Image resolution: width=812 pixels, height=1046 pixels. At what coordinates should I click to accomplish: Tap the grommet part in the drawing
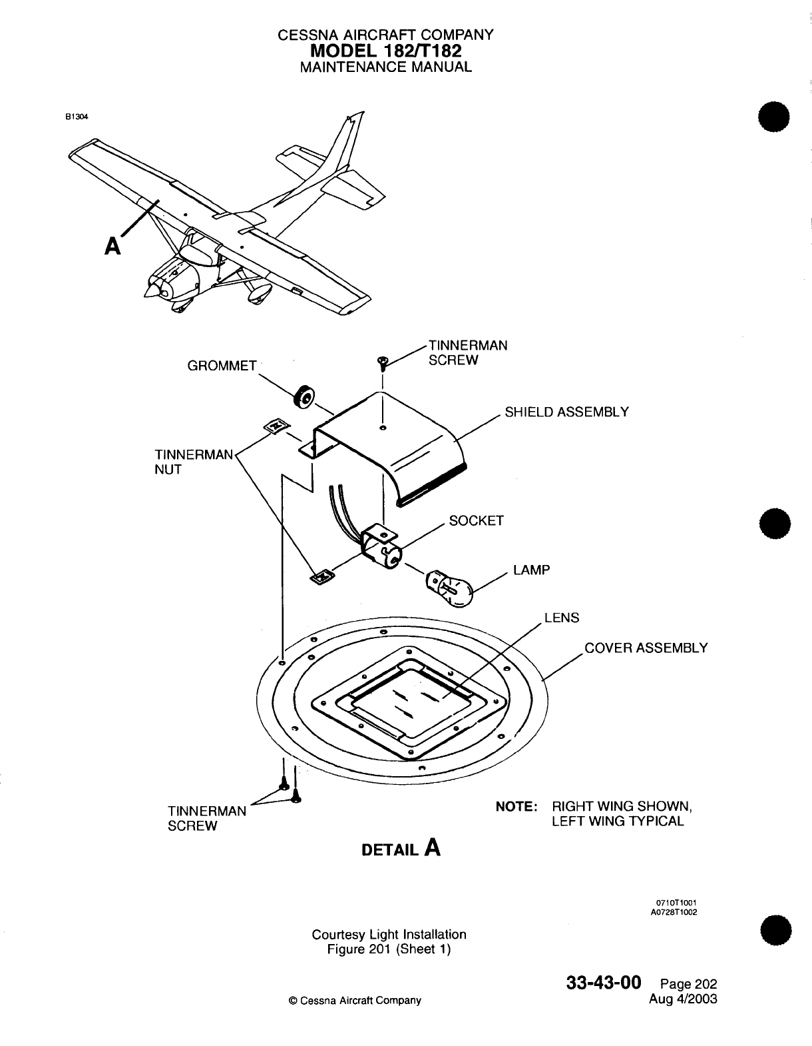pyautogui.click(x=304, y=398)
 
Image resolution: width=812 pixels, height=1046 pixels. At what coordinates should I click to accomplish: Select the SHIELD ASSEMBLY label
pyautogui.click(x=566, y=412)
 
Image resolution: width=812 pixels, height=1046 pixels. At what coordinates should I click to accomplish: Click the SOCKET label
pyautogui.click(x=476, y=520)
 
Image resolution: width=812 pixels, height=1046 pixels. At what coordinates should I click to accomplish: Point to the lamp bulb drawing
pyautogui.click(x=449, y=587)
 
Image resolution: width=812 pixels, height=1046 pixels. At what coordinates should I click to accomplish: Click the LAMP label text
pyautogui.click(x=531, y=570)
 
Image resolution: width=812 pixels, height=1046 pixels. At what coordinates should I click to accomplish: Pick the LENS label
pyautogui.click(x=562, y=618)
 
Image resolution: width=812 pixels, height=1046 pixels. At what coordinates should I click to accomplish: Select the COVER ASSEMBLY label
pyautogui.click(x=646, y=648)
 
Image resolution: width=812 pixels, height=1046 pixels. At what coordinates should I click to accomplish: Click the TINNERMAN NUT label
pyautogui.click(x=193, y=461)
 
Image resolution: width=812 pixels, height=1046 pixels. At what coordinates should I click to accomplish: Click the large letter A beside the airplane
pyautogui.click(x=113, y=247)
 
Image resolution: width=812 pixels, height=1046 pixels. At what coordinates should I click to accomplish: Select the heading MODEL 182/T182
pyautogui.click(x=386, y=51)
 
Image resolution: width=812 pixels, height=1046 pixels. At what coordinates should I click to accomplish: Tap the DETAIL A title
pyautogui.click(x=401, y=849)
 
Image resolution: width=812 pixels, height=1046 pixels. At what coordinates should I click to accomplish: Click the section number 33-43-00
pyautogui.click(x=604, y=983)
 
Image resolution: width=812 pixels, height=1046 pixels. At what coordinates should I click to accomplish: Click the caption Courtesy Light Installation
pyautogui.click(x=389, y=934)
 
